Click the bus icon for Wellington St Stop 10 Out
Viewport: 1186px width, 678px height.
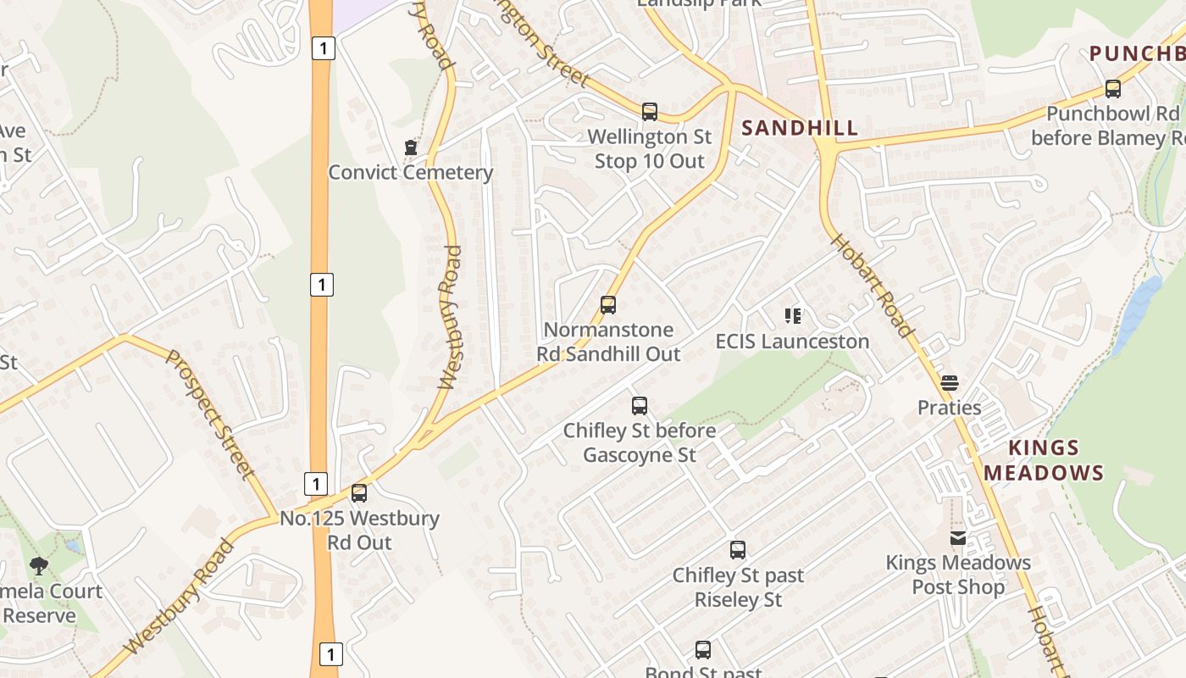(x=650, y=112)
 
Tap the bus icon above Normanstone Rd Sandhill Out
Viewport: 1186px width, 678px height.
(x=608, y=305)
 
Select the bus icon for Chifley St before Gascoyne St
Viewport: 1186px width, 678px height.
(x=640, y=406)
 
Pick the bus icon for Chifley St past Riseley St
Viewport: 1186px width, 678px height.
(x=738, y=550)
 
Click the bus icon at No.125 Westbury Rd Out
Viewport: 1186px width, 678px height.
(x=359, y=493)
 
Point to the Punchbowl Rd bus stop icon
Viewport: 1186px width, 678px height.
(x=1113, y=89)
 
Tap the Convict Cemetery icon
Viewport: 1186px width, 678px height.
(x=411, y=148)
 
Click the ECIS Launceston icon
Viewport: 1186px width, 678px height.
(x=793, y=317)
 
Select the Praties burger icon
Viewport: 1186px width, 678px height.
(x=950, y=383)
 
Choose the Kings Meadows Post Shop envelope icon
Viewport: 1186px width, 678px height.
(x=958, y=538)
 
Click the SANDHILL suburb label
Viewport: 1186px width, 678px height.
(x=800, y=129)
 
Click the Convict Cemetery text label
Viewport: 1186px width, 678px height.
(x=411, y=173)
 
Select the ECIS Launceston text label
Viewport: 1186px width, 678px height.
(x=793, y=342)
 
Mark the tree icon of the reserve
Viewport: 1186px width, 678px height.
(x=38, y=565)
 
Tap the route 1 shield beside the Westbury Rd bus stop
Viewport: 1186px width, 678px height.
(x=315, y=484)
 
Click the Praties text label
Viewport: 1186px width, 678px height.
(x=950, y=408)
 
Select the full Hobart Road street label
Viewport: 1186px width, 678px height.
(x=872, y=285)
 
